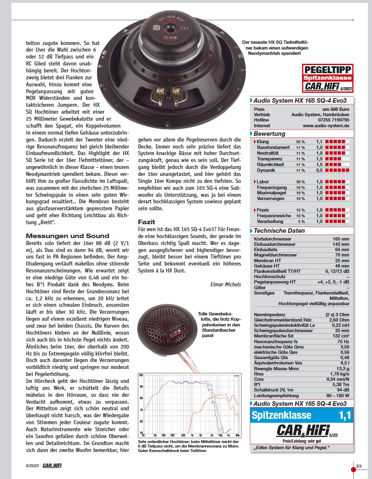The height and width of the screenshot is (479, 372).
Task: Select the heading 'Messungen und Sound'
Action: point(67,236)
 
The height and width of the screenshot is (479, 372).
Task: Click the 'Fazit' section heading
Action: point(147,222)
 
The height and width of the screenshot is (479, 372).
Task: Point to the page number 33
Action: point(359,466)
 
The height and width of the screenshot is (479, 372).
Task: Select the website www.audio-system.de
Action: point(326,126)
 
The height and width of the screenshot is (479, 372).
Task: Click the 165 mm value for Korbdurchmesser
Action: point(341,238)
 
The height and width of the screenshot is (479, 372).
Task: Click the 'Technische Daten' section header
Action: point(279,231)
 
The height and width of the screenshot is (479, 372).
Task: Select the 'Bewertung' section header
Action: point(270,134)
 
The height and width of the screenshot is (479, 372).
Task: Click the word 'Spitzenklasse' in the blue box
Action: point(281,416)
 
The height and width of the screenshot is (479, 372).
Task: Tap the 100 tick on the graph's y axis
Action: point(141,375)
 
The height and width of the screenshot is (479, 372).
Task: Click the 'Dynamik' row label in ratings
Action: point(266,170)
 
